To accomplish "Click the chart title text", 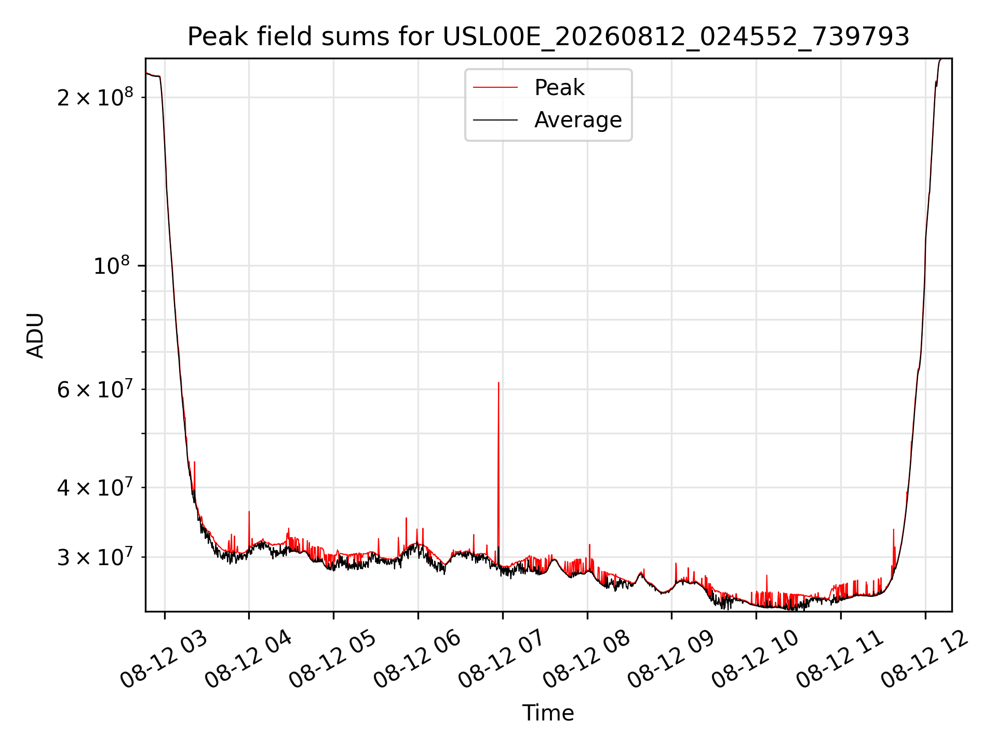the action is (548, 37).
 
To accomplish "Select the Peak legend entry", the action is (559, 87).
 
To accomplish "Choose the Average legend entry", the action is (578, 120).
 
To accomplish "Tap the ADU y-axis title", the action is (35, 335).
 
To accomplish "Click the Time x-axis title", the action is (548, 713).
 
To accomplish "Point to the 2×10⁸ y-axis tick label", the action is (95, 96).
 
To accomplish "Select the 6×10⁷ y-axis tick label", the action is (95, 389).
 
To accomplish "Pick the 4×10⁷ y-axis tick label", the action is (95, 487).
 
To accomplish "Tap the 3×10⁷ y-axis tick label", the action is (95, 557).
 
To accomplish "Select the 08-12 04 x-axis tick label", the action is (248, 659).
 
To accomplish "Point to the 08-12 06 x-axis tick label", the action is (417, 659).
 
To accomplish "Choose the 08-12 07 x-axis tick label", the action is (502, 659).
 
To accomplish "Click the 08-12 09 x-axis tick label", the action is (671, 659).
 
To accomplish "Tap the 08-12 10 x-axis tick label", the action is (755, 659).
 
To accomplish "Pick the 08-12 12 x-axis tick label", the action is (924, 659).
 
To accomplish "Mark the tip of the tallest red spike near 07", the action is (498, 383).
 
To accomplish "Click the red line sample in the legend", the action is (495, 87).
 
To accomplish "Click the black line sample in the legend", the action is (495, 120).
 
